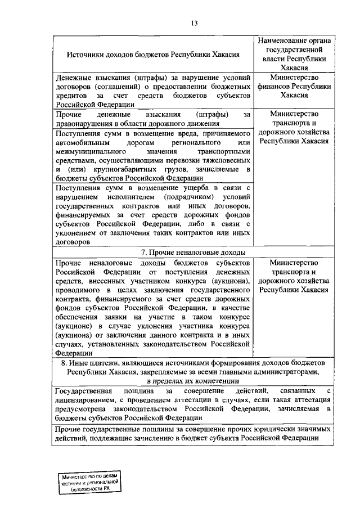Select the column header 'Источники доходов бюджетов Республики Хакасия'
[154, 55]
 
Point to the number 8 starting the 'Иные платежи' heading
[64, 363]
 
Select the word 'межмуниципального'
[89, 151]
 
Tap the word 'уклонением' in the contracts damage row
[76, 234]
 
